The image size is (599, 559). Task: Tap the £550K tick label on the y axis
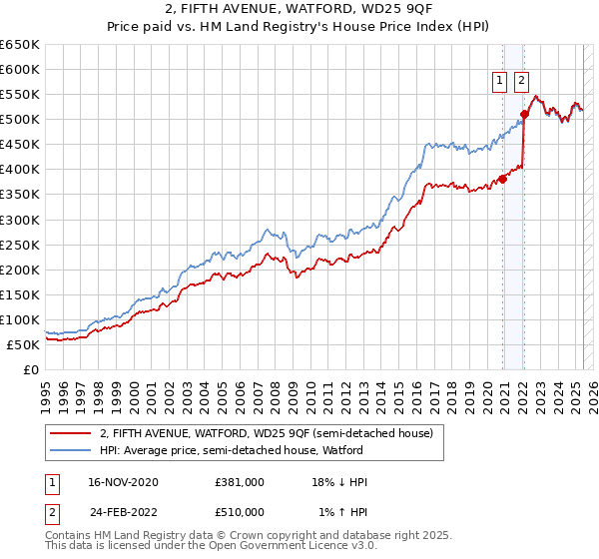[20, 95]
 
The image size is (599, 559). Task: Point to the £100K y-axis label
[20, 319]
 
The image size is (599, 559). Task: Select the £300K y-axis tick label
[20, 220]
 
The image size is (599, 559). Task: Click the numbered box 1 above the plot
[498, 83]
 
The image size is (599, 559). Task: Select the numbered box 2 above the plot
[521, 83]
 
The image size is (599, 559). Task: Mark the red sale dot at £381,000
[502, 179]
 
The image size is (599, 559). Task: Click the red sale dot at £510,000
[524, 115]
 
